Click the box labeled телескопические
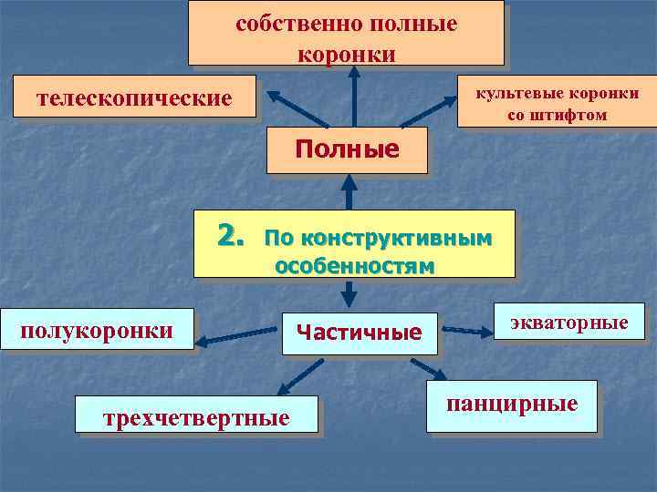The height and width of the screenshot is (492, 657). click(133, 97)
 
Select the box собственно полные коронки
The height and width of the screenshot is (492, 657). click(346, 34)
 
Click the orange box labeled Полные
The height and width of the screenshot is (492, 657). click(347, 149)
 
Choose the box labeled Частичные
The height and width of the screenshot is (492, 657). click(360, 333)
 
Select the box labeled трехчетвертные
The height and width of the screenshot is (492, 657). click(197, 417)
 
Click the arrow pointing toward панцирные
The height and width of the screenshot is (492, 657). click(427, 368)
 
